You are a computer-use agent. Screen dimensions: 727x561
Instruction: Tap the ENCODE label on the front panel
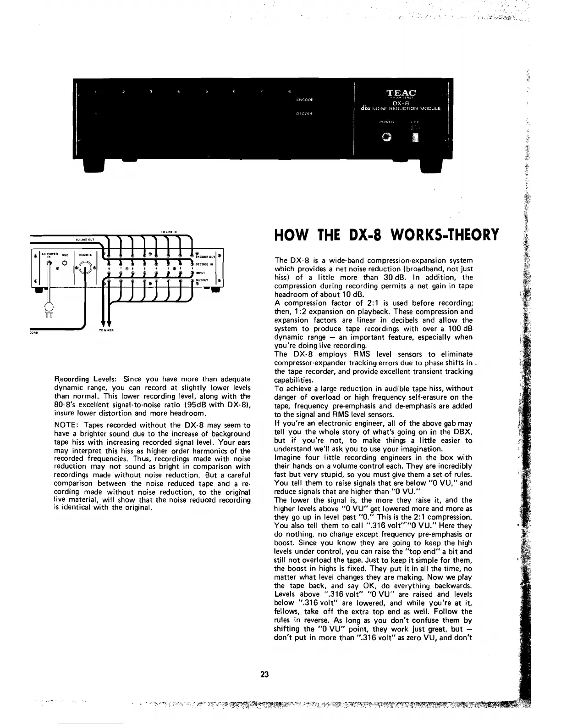click(304, 99)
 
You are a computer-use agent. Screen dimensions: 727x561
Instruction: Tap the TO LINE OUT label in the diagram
click(84, 240)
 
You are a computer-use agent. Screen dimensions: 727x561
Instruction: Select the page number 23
click(264, 674)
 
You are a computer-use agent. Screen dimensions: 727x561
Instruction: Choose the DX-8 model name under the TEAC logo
click(397, 103)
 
